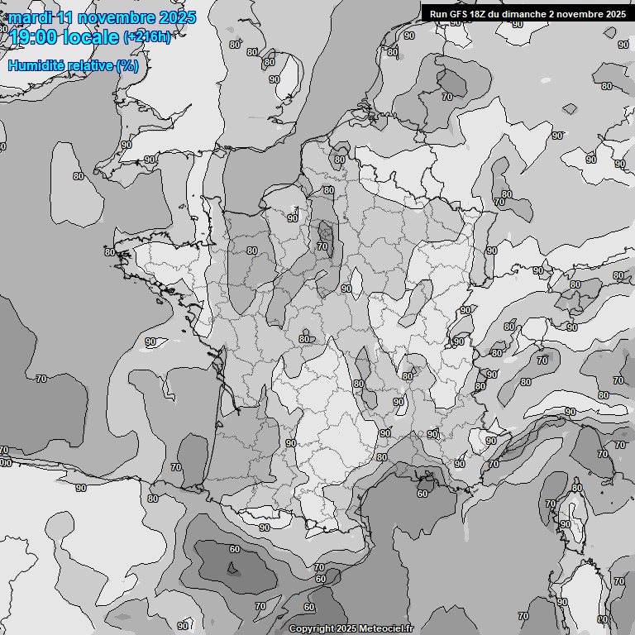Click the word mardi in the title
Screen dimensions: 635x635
coord(30,17)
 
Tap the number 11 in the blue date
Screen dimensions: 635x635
coord(67,17)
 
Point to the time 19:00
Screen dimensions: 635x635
coord(33,36)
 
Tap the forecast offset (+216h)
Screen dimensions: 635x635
coord(147,37)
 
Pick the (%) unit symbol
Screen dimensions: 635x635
coord(127,65)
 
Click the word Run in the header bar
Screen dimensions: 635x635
coord(440,13)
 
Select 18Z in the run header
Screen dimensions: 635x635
coord(481,13)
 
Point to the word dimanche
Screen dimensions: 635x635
coord(526,13)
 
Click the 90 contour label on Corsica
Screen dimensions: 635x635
coord(566,524)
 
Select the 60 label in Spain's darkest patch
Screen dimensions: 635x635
coord(235,549)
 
